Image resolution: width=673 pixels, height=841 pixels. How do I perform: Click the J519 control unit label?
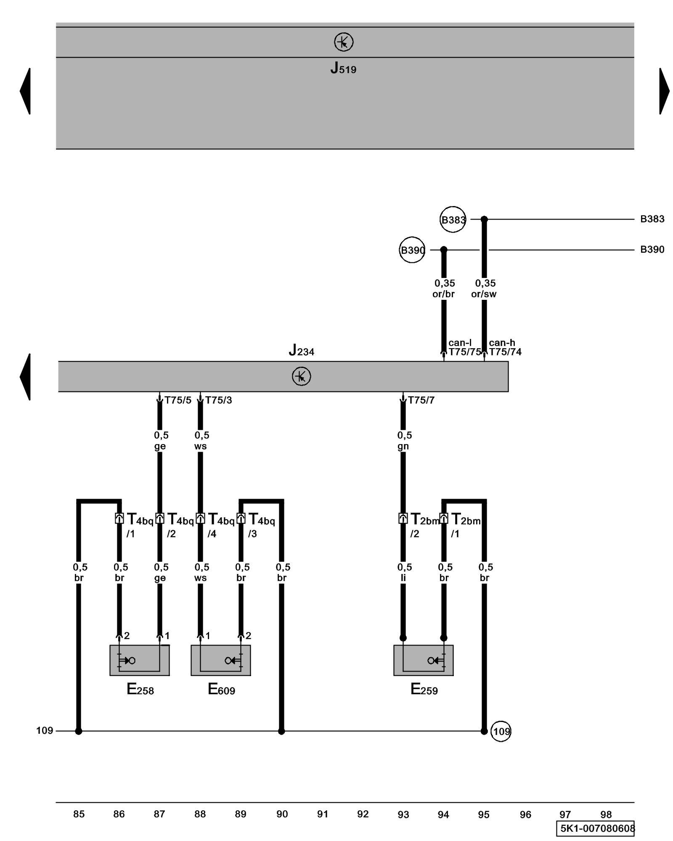343,68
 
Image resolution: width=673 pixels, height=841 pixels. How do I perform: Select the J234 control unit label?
301,350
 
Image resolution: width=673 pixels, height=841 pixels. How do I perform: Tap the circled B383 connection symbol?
453,219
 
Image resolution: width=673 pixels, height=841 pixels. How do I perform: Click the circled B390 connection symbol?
412,250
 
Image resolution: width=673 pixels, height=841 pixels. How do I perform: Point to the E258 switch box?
139,660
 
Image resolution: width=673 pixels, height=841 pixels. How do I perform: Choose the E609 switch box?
220,660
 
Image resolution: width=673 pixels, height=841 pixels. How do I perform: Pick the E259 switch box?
423,660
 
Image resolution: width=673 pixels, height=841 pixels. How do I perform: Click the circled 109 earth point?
501,731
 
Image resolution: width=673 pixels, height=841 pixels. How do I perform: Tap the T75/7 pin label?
421,400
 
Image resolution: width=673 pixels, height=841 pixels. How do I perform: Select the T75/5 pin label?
178,400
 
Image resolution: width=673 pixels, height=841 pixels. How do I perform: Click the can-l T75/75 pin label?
464,348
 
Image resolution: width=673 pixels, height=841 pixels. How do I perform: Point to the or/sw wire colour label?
484,294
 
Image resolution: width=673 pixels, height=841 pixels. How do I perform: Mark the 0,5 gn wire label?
404,441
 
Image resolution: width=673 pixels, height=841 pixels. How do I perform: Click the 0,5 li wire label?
404,572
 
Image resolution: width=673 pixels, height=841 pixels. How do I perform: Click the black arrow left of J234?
25,376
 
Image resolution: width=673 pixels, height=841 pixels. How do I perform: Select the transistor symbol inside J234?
301,376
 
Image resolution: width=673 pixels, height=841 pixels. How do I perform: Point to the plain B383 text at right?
652,219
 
